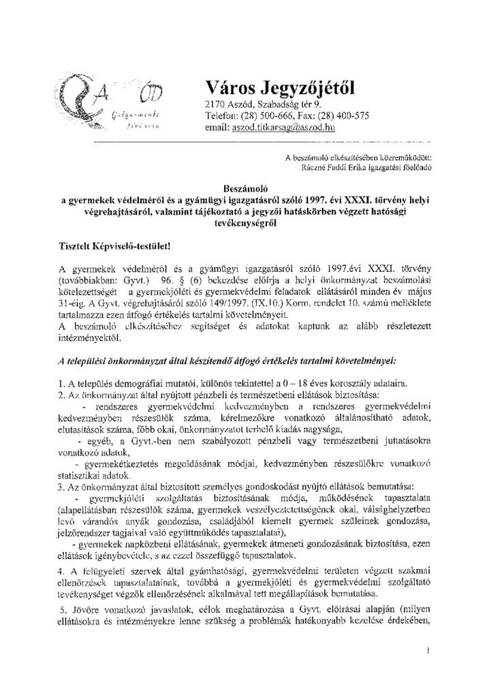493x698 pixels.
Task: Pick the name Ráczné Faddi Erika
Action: coord(330,165)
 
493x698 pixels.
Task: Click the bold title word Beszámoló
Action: coord(246,184)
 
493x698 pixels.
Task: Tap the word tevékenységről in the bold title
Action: coord(246,222)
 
